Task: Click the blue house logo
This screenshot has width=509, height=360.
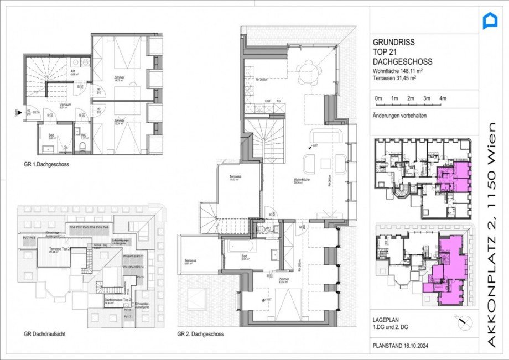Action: point(490,21)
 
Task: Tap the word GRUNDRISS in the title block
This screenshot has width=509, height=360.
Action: point(393,41)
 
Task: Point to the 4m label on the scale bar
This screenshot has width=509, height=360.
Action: point(442,98)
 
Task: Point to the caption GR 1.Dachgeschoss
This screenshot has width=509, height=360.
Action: point(46,164)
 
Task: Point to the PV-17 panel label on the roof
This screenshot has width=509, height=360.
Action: point(127,317)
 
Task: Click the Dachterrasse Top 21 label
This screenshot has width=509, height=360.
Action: point(117,300)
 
